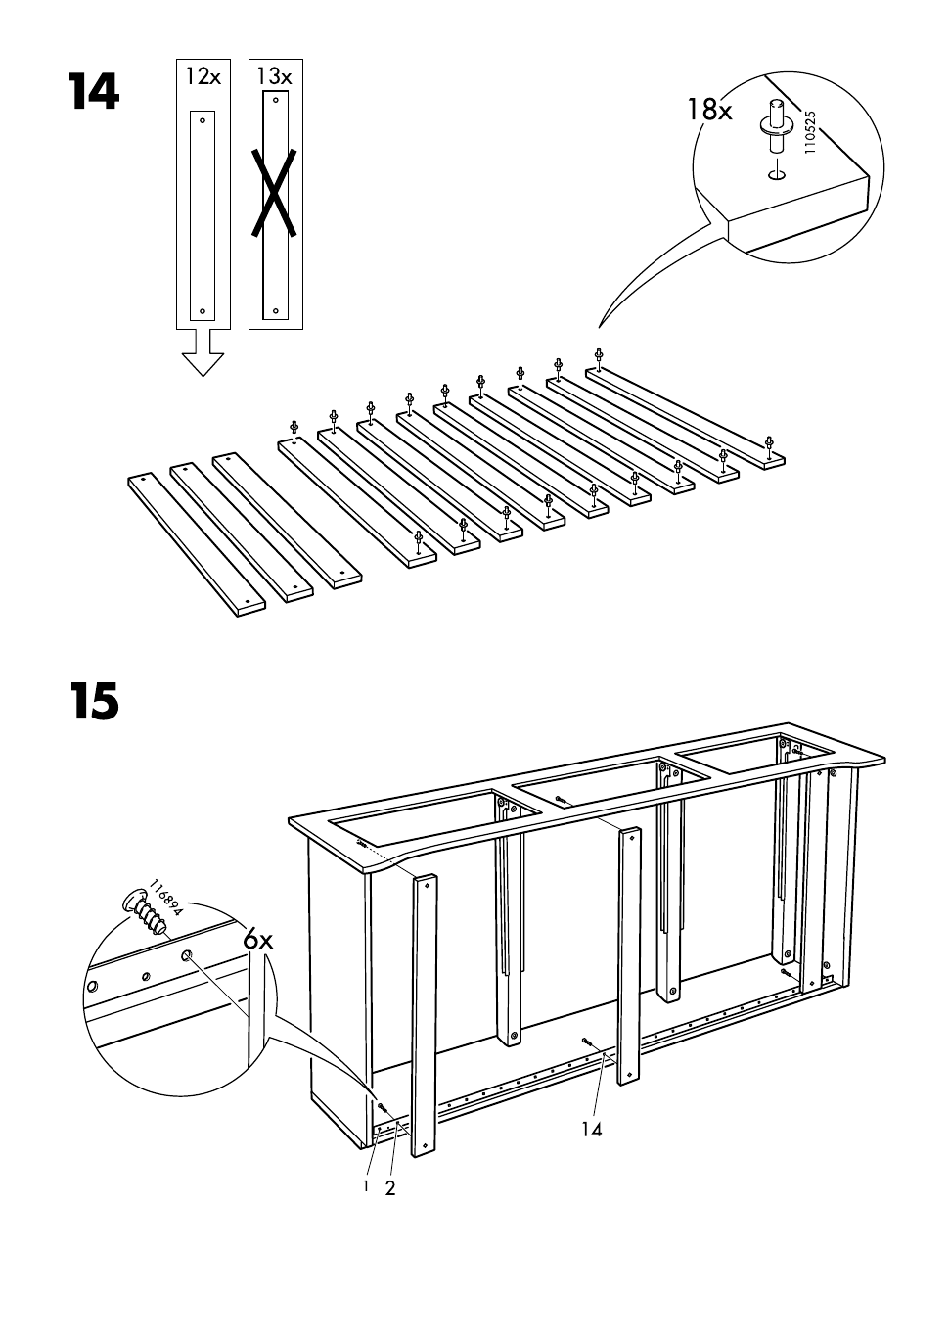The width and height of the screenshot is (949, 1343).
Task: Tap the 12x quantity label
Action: (203, 75)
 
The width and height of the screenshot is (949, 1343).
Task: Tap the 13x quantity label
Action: (275, 75)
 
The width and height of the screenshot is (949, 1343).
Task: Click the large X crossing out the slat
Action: (275, 193)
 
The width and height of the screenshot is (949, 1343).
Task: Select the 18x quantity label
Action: (708, 110)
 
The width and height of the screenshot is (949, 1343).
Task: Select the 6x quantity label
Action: (259, 940)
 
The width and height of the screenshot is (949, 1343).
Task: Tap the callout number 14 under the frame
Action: (591, 1129)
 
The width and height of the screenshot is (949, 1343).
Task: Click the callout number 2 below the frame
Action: (389, 1189)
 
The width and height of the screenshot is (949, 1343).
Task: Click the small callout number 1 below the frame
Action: (366, 1185)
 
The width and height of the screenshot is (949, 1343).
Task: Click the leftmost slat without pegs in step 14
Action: (196, 545)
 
